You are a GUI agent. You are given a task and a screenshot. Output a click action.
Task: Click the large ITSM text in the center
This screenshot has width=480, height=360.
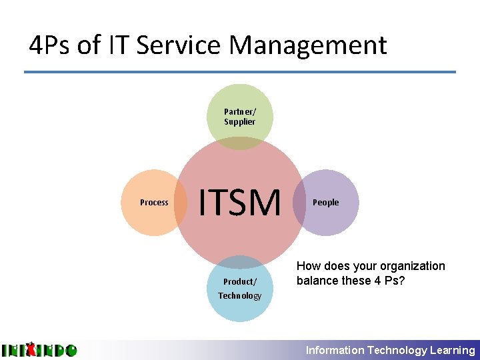(x=240, y=203)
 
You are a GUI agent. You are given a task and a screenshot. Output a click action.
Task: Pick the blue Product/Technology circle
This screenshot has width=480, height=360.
(x=240, y=293)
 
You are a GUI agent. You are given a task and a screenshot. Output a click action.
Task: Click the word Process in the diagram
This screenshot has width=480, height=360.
(x=154, y=203)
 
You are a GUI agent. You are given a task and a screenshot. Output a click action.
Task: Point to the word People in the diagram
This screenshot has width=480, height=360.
(x=326, y=203)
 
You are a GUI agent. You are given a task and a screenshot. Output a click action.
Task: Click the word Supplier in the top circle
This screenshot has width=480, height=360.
(x=240, y=122)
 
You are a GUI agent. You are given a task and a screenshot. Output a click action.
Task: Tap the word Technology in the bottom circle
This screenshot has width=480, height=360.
(x=240, y=295)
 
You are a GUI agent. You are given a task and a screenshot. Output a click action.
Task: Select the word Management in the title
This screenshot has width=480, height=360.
(x=308, y=45)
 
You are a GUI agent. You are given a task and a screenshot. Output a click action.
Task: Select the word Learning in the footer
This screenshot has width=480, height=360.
(x=453, y=350)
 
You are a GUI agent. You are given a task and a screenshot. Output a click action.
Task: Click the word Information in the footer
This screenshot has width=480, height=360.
(x=335, y=350)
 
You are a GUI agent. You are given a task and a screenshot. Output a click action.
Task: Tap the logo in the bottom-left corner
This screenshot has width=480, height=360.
(x=39, y=350)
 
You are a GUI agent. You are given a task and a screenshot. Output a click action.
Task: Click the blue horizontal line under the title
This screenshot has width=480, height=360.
(x=240, y=72)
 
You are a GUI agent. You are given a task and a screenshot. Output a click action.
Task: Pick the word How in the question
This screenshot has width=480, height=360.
(x=309, y=266)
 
